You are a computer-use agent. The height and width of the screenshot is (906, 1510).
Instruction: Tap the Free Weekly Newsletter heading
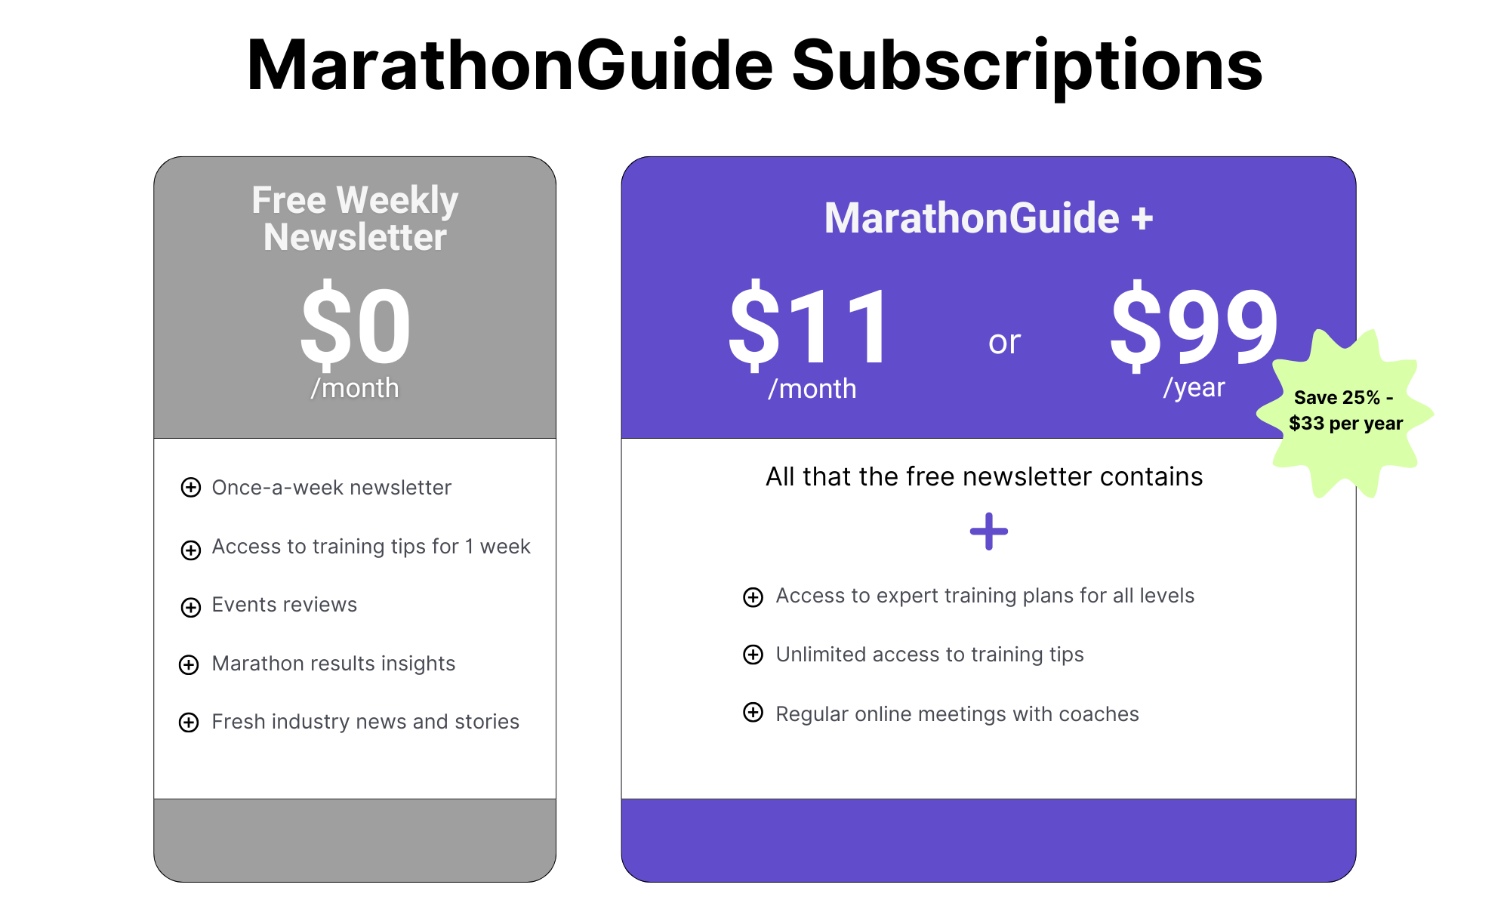pos(355,219)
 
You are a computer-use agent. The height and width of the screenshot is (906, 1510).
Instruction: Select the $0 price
pos(355,326)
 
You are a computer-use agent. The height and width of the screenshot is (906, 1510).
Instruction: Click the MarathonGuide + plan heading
pos(988,218)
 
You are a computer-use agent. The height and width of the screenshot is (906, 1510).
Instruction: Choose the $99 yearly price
pos(1194,326)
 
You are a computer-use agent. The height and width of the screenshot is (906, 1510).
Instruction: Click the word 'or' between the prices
pos(1004,342)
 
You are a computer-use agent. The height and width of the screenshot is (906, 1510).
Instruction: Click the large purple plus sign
pos(989,532)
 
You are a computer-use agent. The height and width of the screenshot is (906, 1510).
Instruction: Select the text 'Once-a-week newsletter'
pos(331,488)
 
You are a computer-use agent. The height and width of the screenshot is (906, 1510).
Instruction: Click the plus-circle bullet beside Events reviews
pos(191,607)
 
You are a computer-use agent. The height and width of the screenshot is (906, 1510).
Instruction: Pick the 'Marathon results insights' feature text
pos(334,664)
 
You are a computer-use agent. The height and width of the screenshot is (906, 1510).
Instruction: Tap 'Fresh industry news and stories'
pos(365,722)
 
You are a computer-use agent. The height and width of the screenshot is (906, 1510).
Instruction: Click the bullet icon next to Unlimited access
pos(753,655)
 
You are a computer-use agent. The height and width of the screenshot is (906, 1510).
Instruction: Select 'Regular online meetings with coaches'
pos(957,714)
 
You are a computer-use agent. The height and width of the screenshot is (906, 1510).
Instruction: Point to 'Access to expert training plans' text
pos(985,596)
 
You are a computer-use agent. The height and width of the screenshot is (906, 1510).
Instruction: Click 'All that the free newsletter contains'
pos(984,477)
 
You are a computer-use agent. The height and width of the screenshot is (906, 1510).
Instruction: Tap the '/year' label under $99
pos(1194,387)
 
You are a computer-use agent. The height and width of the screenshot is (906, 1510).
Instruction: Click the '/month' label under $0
pos(355,388)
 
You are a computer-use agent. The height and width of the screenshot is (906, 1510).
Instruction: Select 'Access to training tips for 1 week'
pos(371,547)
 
